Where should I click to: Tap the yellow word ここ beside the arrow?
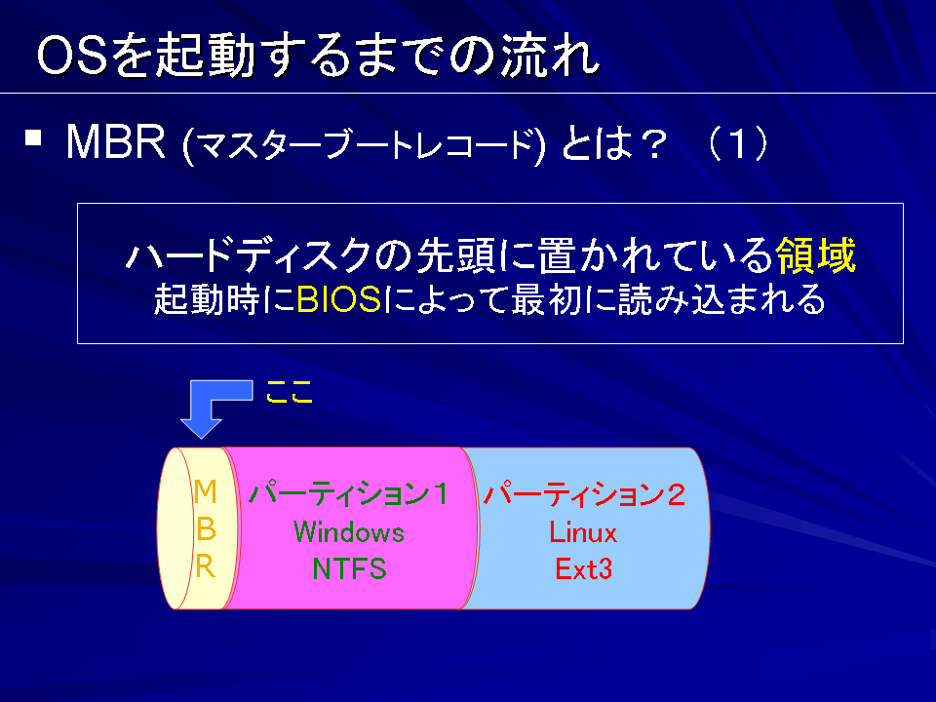[290, 392]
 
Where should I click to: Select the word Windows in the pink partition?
[349, 532]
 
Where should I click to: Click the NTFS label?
[349, 568]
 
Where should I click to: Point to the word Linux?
[583, 532]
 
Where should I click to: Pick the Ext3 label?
[583, 568]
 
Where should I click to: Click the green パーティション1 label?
[349, 494]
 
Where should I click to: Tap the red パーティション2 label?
[584, 494]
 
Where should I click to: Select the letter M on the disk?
[205, 491]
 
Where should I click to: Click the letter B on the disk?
[206, 528]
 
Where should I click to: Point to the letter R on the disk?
[206, 565]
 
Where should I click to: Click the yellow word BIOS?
[338, 299]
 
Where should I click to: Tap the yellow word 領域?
[815, 254]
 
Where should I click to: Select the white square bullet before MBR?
[33, 137]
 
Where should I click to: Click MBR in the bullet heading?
[115, 142]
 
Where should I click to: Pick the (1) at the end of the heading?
[738, 143]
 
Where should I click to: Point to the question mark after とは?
[650, 143]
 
